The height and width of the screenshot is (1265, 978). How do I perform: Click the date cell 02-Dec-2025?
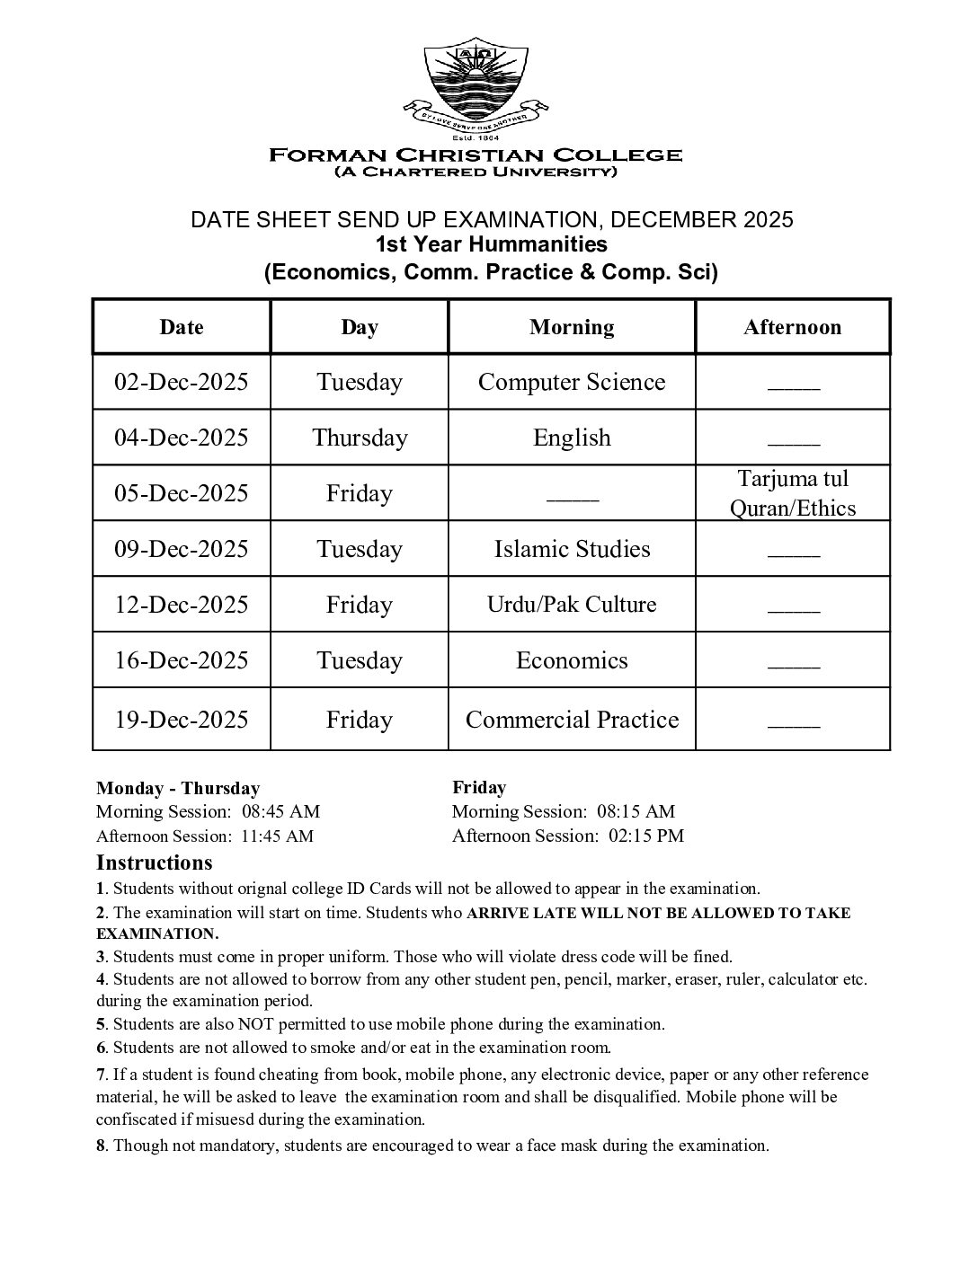tap(181, 382)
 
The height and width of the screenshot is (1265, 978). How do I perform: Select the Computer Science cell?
tap(572, 382)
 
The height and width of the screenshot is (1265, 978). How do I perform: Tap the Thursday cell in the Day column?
tap(360, 438)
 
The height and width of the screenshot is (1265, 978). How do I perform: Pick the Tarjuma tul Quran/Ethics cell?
tap(792, 493)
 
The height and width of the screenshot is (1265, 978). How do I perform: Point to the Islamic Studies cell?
tap(572, 549)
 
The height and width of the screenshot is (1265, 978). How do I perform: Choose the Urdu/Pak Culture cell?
tap(572, 605)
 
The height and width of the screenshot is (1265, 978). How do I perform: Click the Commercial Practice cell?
tap(572, 720)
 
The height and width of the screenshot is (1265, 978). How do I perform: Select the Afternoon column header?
tap(792, 327)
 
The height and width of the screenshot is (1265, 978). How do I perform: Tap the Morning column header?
tap(572, 327)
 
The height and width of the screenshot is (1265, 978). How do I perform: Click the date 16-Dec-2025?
tap(181, 660)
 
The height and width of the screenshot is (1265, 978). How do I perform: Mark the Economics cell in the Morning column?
tap(572, 660)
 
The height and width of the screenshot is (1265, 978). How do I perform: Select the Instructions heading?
tap(155, 863)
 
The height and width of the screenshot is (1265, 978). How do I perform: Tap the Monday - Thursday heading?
tap(178, 789)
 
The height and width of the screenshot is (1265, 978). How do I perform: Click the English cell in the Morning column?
tap(572, 438)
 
